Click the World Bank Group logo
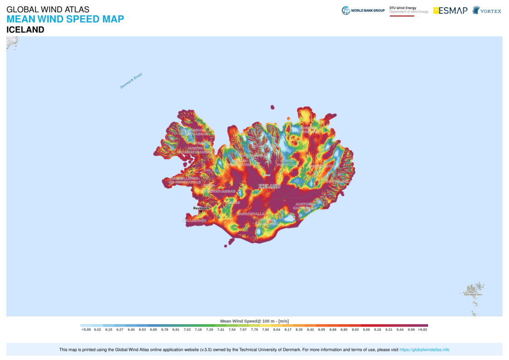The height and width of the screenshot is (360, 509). pyautogui.click(x=363, y=10)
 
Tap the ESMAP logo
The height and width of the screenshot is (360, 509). pyautogui.click(x=450, y=10)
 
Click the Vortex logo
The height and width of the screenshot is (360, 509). pyautogui.click(x=487, y=10)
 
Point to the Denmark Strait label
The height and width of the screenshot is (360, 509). pyautogui.click(x=131, y=81)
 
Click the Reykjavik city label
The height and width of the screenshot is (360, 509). pyautogui.click(x=201, y=208)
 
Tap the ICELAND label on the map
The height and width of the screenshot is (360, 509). pyautogui.click(x=269, y=186)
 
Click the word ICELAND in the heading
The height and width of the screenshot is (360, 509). pyautogui.click(x=25, y=30)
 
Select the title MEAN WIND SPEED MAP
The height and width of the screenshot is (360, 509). pyautogui.click(x=65, y=20)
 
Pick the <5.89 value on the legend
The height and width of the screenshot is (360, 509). pyautogui.click(x=86, y=330)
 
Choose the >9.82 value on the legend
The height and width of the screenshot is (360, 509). pyautogui.click(x=422, y=330)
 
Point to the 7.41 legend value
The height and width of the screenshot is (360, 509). pyautogui.click(x=220, y=330)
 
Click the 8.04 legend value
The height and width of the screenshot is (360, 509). pyautogui.click(x=277, y=330)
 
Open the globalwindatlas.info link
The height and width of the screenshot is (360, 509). pyautogui.click(x=424, y=350)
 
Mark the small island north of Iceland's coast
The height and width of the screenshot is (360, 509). pyautogui.click(x=272, y=108)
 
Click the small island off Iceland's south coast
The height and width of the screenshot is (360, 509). pyautogui.click(x=225, y=246)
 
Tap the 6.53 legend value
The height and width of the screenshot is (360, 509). pyautogui.click(x=142, y=330)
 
